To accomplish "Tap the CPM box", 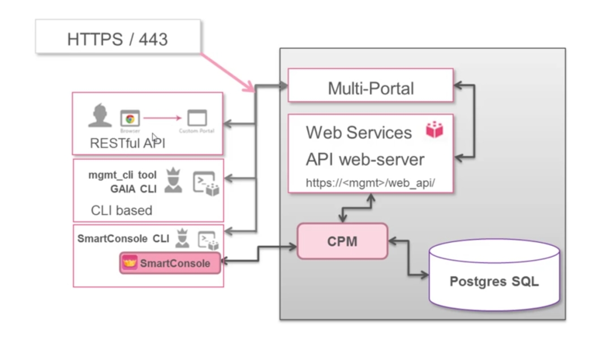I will pos(342,241).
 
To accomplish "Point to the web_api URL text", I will pos(371,183).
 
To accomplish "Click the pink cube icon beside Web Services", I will pos(434,130).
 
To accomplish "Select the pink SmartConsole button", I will pos(170,263).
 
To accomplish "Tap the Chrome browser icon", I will pos(130,119).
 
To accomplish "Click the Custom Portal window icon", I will pos(197,118).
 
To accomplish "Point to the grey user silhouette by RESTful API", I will pos(100,115).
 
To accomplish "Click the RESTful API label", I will pos(127,144).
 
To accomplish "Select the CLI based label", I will pos(122,211).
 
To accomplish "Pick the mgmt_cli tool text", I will pos(122,175).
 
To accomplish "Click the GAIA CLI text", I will pos(133,189).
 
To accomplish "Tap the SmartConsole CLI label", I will pos(123,239).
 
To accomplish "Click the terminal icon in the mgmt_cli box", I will pos(205,183).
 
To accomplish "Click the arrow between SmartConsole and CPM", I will pos(259,252).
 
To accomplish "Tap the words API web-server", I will pos(365,159).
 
